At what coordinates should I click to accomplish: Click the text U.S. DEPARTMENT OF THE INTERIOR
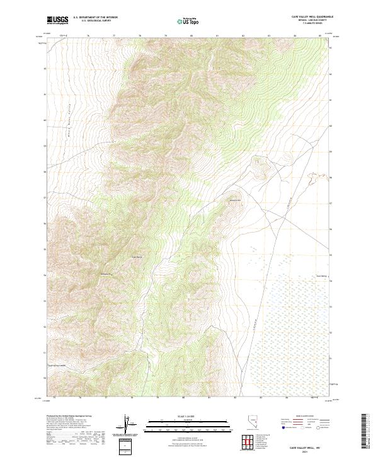95,17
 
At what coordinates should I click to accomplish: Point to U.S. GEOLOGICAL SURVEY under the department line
95,21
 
